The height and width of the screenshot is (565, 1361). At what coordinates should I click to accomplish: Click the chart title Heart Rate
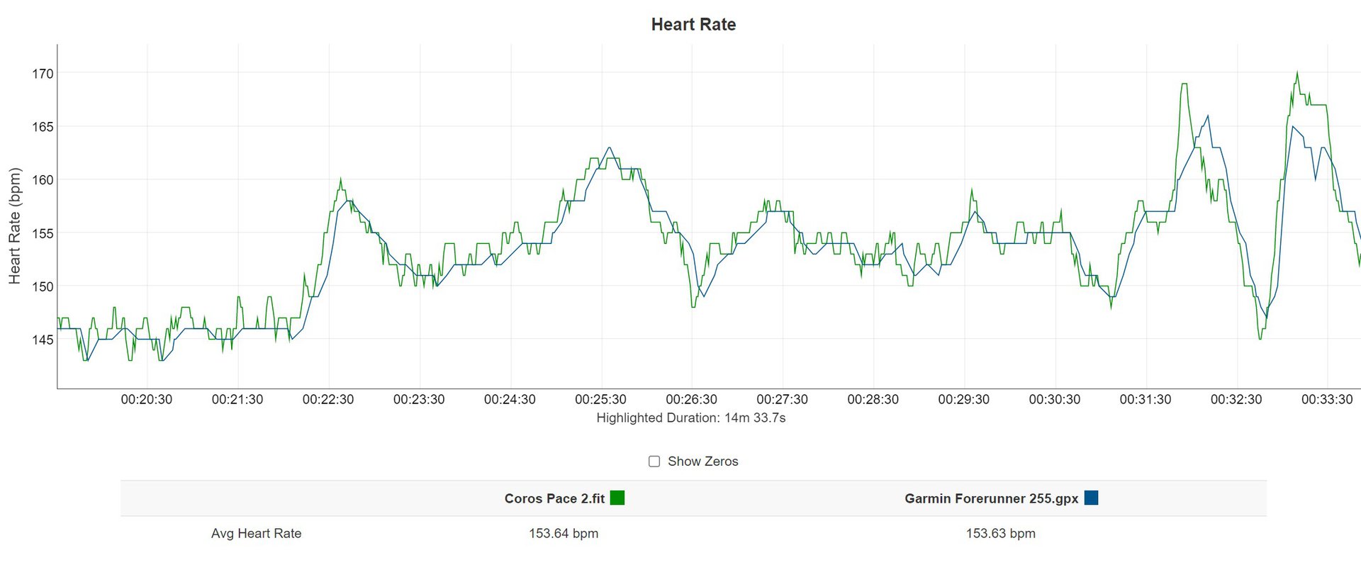click(x=693, y=25)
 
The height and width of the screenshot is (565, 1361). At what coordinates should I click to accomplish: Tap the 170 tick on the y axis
click(x=43, y=74)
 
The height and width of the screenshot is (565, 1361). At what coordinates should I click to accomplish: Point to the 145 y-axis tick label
click(x=43, y=340)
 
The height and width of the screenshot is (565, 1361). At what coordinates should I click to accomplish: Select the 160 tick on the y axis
click(x=43, y=180)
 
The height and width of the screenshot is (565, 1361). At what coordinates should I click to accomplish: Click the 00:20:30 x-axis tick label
click(x=147, y=400)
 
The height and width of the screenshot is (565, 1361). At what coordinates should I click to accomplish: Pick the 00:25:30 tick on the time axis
click(x=600, y=400)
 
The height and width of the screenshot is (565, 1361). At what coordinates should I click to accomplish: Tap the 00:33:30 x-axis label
click(x=1327, y=400)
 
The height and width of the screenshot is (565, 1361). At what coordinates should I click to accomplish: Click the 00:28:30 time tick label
click(x=873, y=400)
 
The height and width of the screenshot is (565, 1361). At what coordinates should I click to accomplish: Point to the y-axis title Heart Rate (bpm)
click(x=15, y=226)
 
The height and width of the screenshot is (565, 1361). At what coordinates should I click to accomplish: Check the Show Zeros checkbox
click(x=654, y=461)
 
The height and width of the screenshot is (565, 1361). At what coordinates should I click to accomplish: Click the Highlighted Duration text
click(x=691, y=418)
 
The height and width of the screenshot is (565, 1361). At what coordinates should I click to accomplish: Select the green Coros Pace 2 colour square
click(x=617, y=498)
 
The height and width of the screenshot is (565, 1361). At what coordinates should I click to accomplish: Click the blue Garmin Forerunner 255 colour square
click(x=1091, y=498)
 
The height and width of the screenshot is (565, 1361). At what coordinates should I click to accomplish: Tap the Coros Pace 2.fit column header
click(x=554, y=499)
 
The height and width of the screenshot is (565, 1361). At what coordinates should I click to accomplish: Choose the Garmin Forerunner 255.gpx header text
click(x=991, y=499)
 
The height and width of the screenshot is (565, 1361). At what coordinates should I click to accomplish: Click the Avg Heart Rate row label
click(x=256, y=534)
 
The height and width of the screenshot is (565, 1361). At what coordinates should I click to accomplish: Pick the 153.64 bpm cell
click(x=564, y=534)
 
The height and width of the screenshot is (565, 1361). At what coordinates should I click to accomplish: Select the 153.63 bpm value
click(x=1000, y=534)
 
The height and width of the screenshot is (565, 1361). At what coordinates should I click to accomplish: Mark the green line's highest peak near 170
click(x=1297, y=72)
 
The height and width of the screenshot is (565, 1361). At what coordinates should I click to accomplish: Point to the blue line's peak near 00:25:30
click(x=609, y=148)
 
